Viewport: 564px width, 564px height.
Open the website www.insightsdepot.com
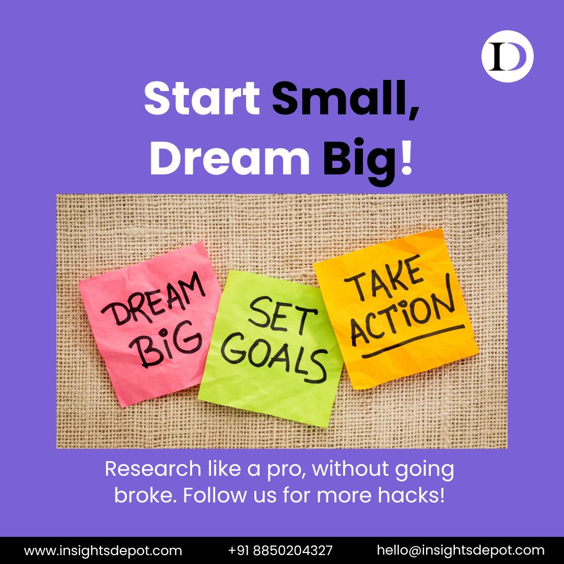tap(103, 550)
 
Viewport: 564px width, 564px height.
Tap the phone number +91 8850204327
tap(280, 550)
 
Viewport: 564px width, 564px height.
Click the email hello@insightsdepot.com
tap(461, 550)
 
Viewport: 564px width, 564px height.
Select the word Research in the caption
tap(145, 469)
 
